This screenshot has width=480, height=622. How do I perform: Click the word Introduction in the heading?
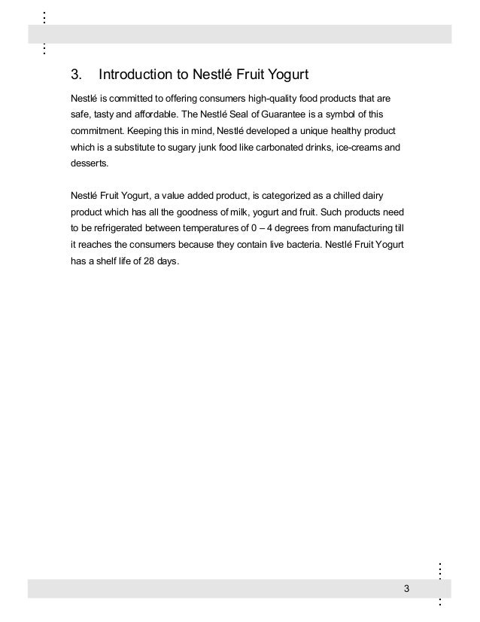(x=135, y=75)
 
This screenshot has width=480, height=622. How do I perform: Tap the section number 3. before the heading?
(x=75, y=75)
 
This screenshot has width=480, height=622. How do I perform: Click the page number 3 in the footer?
(x=406, y=587)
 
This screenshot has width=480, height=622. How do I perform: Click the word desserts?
(x=88, y=164)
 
